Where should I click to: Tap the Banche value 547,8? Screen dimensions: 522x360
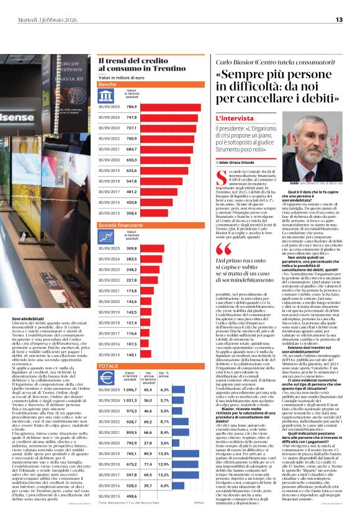tap(132, 181)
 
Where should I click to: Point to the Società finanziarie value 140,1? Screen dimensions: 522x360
tap(132, 354)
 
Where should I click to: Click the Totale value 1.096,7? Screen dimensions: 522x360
tap(130, 390)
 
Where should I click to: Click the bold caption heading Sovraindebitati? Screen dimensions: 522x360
tap(27, 318)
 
